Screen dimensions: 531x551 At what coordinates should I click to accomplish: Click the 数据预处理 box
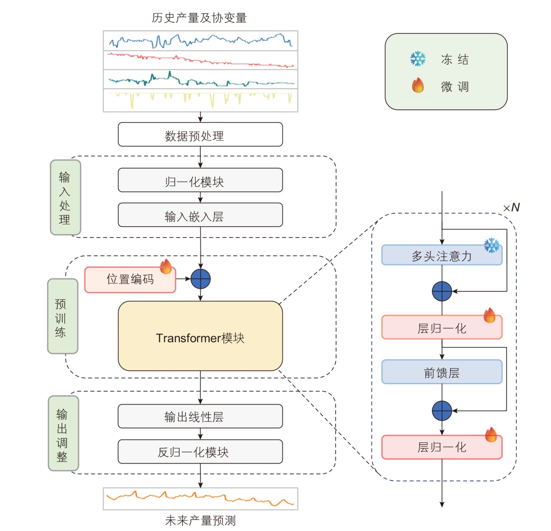(200, 135)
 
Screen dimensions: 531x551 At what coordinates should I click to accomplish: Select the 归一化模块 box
(200, 180)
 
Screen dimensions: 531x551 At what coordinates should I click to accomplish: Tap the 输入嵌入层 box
(200, 215)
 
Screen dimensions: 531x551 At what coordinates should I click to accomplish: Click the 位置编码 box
(130, 280)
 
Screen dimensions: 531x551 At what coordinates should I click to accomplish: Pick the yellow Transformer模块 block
(200, 336)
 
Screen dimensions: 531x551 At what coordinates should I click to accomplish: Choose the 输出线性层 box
(200, 416)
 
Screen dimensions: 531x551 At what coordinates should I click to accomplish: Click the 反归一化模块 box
(200, 452)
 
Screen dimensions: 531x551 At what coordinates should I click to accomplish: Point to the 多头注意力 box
(442, 256)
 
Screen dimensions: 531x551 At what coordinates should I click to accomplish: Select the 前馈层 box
(442, 372)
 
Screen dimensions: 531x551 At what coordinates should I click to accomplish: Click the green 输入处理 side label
(65, 198)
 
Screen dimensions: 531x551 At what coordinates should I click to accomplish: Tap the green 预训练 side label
(62, 316)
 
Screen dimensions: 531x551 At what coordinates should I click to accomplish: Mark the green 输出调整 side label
(63, 433)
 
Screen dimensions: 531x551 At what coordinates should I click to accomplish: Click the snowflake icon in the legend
(418, 59)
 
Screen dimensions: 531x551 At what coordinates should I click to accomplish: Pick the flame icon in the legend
(418, 86)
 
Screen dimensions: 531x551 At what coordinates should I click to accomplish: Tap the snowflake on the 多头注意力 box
(492, 246)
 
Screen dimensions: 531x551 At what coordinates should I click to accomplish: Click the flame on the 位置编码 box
(166, 266)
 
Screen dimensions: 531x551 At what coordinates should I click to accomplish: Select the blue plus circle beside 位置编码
(200, 279)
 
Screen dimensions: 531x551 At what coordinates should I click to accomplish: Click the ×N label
(512, 208)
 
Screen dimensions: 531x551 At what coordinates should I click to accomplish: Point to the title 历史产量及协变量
(199, 18)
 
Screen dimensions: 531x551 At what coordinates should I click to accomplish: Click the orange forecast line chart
(200, 498)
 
